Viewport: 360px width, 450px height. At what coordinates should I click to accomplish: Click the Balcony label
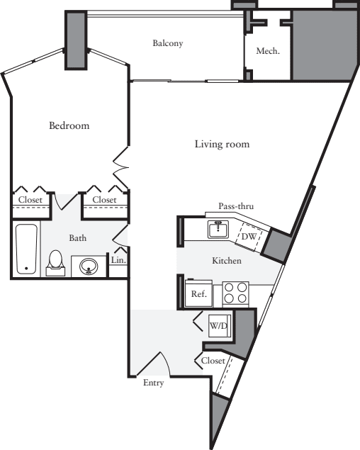point(167,43)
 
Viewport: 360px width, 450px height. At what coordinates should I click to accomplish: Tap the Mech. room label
point(267,51)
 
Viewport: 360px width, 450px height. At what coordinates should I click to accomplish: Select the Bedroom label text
point(69,126)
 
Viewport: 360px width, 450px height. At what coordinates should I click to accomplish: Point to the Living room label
point(222,145)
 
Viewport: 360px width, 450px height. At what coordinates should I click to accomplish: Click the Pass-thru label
point(236,206)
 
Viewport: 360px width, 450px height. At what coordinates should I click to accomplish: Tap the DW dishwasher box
point(250,237)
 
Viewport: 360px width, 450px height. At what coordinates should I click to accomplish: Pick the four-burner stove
point(235,293)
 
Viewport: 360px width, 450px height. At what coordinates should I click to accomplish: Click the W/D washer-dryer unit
point(218,326)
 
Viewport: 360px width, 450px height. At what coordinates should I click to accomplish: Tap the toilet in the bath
point(55,263)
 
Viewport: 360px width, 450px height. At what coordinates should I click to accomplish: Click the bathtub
point(27,249)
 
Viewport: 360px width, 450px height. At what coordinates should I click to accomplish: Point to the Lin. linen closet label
point(117,261)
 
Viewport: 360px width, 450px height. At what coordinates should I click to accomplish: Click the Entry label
point(153,383)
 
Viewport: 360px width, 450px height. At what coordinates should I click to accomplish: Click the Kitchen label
point(227,261)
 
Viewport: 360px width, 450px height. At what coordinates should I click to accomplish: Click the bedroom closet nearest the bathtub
point(30,201)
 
